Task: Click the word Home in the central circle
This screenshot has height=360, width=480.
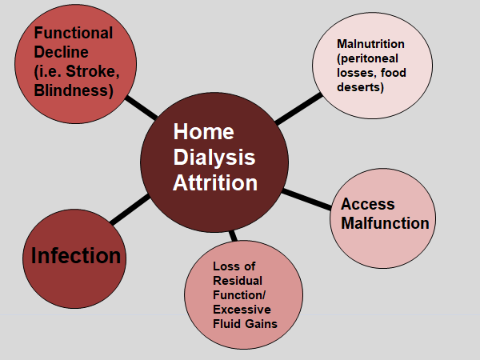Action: pyautogui.click(x=203, y=131)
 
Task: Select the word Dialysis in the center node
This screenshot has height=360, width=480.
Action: pyautogui.click(x=214, y=157)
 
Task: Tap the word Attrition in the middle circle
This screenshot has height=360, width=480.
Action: pyautogui.click(x=215, y=182)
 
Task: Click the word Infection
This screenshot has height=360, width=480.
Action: pyautogui.click(x=76, y=256)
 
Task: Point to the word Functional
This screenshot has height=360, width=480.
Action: pyautogui.click(x=72, y=35)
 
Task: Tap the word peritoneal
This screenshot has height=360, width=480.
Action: pyautogui.click(x=367, y=60)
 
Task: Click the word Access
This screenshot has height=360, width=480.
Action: pyautogui.click(x=368, y=204)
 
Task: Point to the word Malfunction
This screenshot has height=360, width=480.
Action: pyautogui.click(x=385, y=223)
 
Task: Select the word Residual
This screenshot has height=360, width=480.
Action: pyautogui.click(x=237, y=281)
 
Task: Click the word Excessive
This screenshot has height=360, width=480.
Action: pyautogui.click(x=242, y=310)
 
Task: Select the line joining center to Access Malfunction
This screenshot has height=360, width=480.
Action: pyautogui.click(x=307, y=199)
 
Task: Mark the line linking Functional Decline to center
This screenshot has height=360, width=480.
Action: pyautogui.click(x=140, y=107)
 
